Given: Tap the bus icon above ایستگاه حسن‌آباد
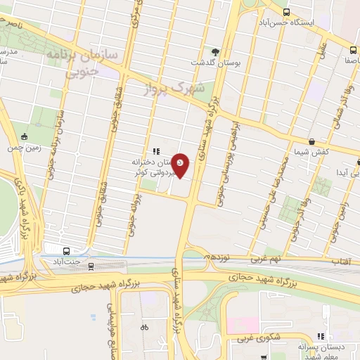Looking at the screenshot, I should pyautogui.click(x=286, y=12).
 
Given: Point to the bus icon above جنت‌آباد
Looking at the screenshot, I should pyautogui.click(x=67, y=251).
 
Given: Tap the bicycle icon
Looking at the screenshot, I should pyautogui.click(x=144, y=326).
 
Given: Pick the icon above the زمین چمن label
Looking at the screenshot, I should pyautogui.click(x=25, y=136).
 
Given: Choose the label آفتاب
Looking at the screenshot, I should pyautogui.click(x=340, y=262).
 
